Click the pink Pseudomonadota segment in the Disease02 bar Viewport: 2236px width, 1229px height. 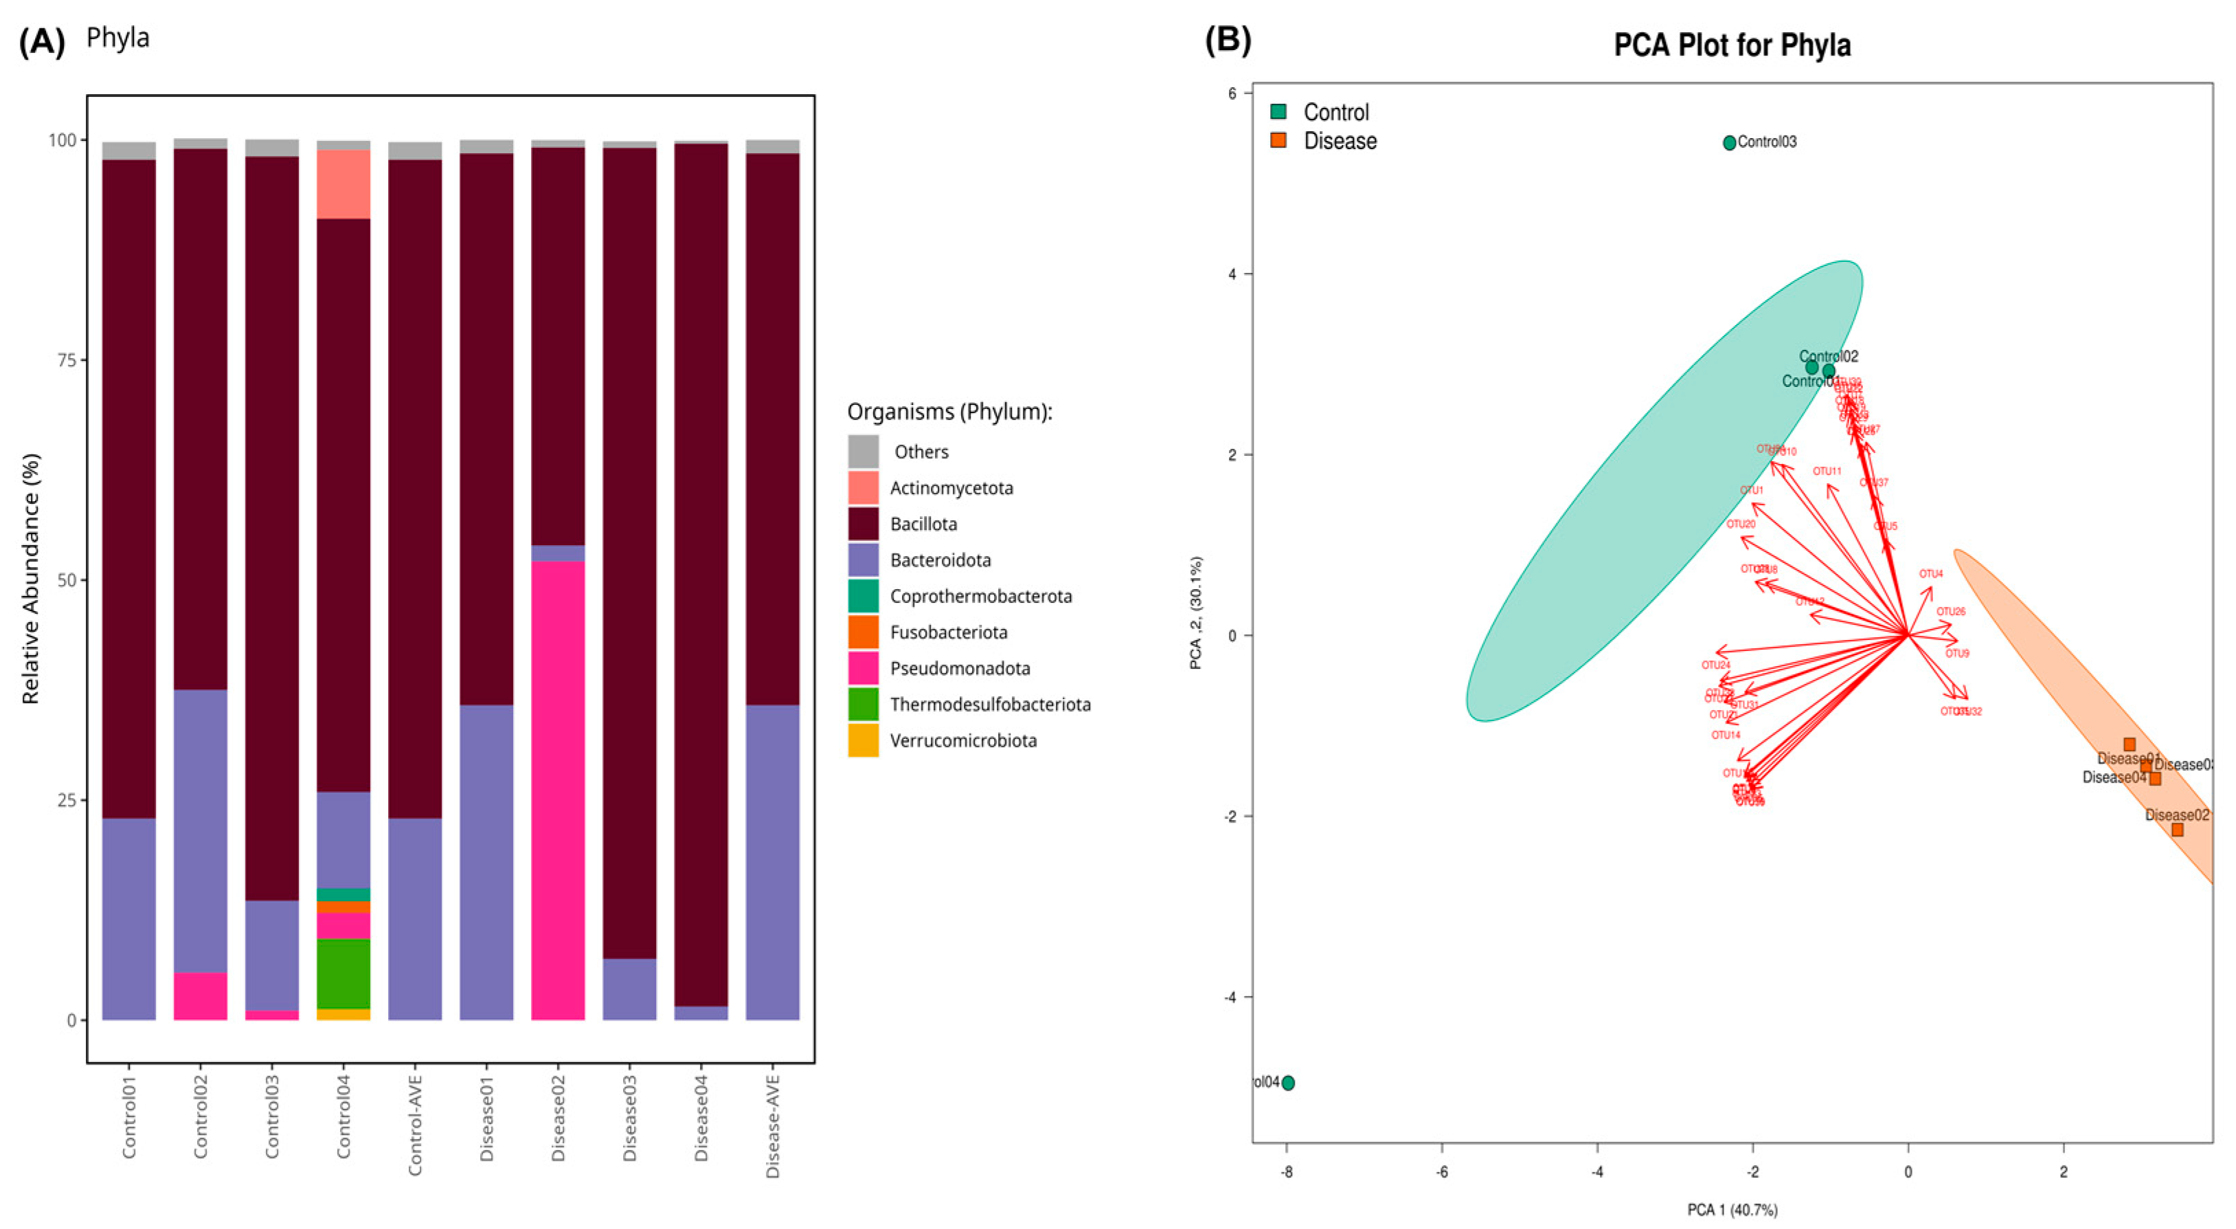[x=557, y=790]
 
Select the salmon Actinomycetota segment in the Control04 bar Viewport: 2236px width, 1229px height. [x=343, y=184]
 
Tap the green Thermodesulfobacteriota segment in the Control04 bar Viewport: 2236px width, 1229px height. [x=343, y=973]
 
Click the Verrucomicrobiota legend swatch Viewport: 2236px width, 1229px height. [x=863, y=741]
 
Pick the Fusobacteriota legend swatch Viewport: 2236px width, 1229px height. [x=863, y=632]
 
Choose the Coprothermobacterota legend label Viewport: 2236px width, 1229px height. [x=981, y=597]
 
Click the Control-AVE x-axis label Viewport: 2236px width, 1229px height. [x=415, y=1126]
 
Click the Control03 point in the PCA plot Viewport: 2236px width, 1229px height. [x=1729, y=142]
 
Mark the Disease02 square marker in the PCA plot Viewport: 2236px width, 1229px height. [x=2177, y=830]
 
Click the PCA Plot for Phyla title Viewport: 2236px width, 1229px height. [x=1732, y=45]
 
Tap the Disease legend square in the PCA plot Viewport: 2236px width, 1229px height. [x=1278, y=140]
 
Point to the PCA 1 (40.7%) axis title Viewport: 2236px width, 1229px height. [x=1732, y=1210]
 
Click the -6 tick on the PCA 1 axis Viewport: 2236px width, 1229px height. [x=1442, y=1173]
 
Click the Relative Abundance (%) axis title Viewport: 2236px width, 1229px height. [x=31, y=579]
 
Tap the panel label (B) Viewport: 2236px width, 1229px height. [x=1228, y=40]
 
